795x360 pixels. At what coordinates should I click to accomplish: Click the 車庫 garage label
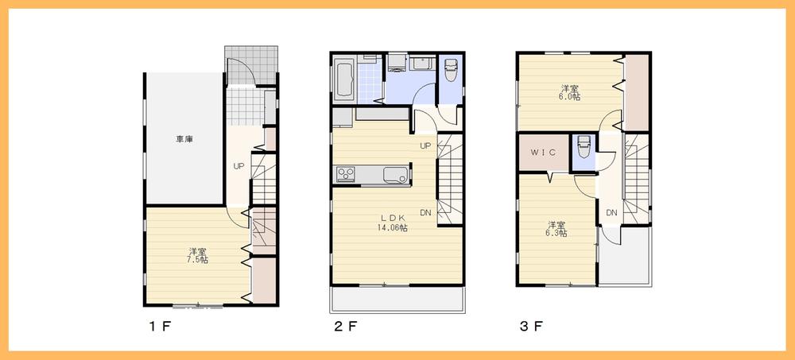tap(184, 139)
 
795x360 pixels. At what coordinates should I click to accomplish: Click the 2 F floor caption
tap(345, 327)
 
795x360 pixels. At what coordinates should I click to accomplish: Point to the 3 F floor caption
tap(533, 327)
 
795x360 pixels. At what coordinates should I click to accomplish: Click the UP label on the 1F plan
tap(238, 166)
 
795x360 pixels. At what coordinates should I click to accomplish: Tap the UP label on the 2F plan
tap(425, 145)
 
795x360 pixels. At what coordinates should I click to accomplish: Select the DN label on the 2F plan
tap(425, 212)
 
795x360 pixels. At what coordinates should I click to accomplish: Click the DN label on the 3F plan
tap(611, 212)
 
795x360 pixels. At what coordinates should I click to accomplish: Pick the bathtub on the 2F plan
tap(344, 81)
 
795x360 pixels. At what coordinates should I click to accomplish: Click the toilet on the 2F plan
tap(451, 72)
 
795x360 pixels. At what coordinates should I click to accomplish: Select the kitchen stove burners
tap(346, 174)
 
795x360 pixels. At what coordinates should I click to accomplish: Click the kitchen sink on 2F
tap(395, 174)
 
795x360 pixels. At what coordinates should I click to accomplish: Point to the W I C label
tap(543, 151)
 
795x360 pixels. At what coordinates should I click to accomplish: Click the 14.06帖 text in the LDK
tap(393, 227)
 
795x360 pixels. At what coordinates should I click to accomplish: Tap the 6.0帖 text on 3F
tap(569, 97)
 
